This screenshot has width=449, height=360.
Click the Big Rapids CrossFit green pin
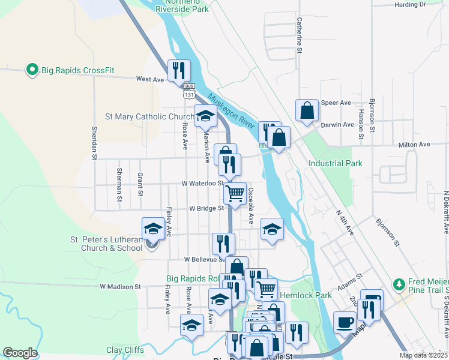click(32, 70)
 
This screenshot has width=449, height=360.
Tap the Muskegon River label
click(231, 112)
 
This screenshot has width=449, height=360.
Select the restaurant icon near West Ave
click(179, 71)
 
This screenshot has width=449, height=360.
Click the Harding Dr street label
click(410, 4)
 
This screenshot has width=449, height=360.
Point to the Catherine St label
click(298, 35)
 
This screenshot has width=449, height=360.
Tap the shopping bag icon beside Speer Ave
click(307, 110)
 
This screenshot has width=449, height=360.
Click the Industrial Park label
click(336, 163)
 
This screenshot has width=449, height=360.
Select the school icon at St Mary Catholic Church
click(205, 116)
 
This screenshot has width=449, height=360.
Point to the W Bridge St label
click(206, 209)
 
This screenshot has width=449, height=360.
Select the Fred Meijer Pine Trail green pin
click(398, 284)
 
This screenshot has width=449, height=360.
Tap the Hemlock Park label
click(307, 295)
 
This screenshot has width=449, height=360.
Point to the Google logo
click(20, 353)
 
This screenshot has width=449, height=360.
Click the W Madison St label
click(120, 287)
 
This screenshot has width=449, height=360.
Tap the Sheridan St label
click(94, 143)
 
